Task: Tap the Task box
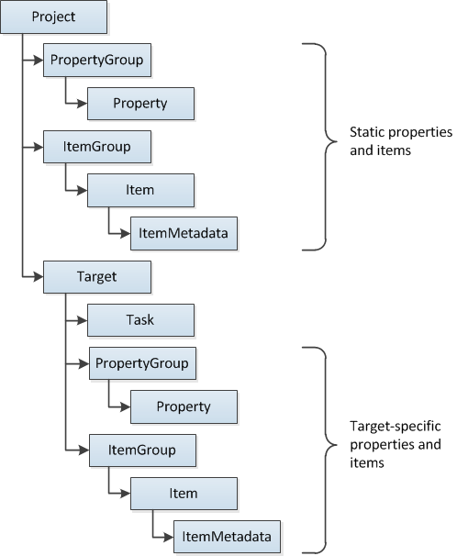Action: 139,319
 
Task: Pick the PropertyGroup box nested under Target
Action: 140,363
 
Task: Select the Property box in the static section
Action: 139,104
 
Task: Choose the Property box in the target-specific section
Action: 184,406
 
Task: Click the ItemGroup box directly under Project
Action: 96,147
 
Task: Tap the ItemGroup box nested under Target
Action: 140,450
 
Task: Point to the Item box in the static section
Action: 139,190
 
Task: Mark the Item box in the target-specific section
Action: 184,494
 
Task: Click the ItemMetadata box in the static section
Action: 184,233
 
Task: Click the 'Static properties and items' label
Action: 400,142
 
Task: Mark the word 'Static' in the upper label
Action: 370,133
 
